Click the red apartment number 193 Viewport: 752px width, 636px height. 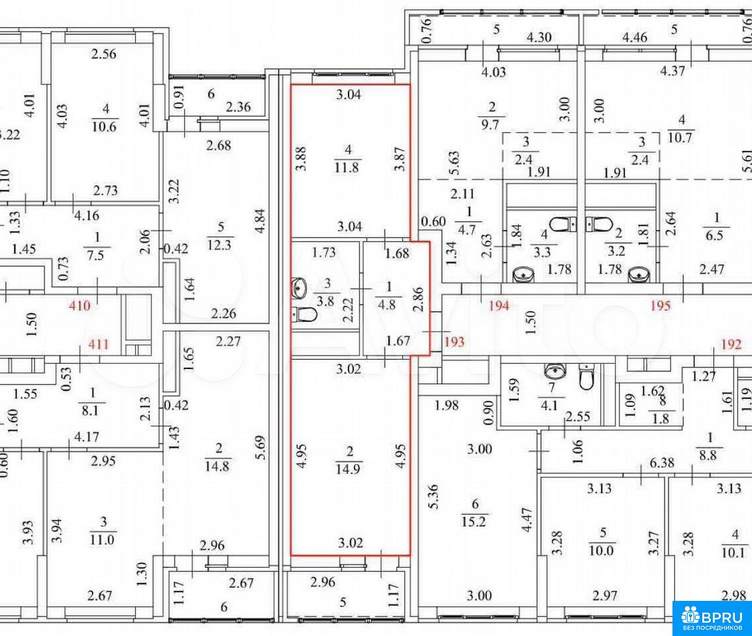click(x=454, y=341)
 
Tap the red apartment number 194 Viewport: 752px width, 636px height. click(x=499, y=305)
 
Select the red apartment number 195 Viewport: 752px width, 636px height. click(x=660, y=305)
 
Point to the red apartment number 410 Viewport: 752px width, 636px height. click(x=80, y=305)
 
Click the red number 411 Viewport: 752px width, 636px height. click(x=98, y=344)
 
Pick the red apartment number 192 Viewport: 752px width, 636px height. click(x=731, y=344)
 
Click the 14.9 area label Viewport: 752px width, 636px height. click(x=348, y=468)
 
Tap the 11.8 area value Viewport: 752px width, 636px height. click(x=347, y=168)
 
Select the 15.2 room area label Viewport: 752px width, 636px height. click(x=474, y=521)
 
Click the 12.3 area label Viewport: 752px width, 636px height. click(x=220, y=244)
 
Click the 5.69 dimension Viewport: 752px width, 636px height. click(x=260, y=447)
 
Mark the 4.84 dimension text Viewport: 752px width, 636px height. click(x=260, y=221)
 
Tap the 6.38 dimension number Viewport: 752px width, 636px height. click(x=662, y=463)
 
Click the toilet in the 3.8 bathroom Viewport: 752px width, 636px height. click(x=305, y=315)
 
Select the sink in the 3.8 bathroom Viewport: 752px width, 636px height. click(x=299, y=288)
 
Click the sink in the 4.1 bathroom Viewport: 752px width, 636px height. click(x=555, y=371)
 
